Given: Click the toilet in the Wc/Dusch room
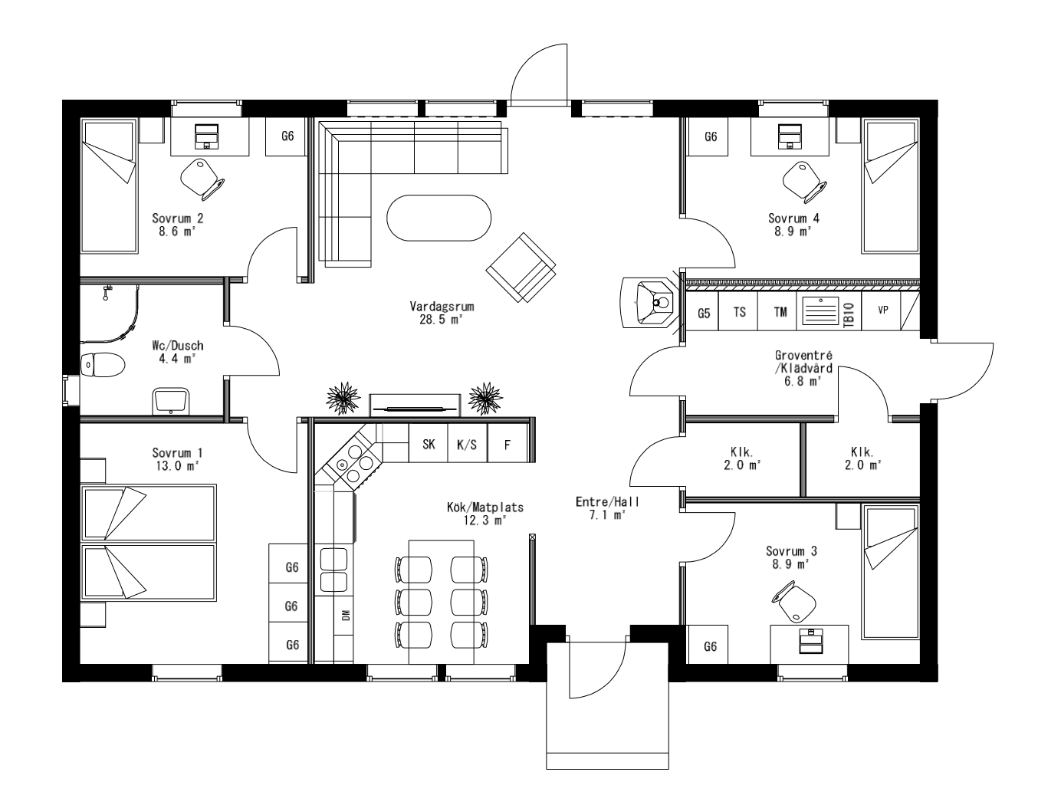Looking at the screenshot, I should tap(103, 366).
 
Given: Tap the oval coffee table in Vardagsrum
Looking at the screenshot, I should tap(438, 218).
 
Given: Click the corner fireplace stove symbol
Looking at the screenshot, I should tap(651, 302).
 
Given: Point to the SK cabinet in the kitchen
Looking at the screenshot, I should tap(429, 444).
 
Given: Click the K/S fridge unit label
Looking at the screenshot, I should tap(467, 444).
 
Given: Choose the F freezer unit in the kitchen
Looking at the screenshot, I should tap(507, 444).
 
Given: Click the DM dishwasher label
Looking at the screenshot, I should tap(346, 614).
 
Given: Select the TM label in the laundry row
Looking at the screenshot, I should tap(780, 312).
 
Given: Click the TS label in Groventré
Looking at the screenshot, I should tap(740, 312).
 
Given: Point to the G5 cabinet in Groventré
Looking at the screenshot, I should tap(703, 313).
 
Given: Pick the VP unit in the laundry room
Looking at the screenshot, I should tap(882, 310).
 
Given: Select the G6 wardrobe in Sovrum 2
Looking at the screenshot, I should tap(287, 136).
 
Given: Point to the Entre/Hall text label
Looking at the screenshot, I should tap(607, 502).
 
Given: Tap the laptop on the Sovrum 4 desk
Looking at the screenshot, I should tap(789, 136).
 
